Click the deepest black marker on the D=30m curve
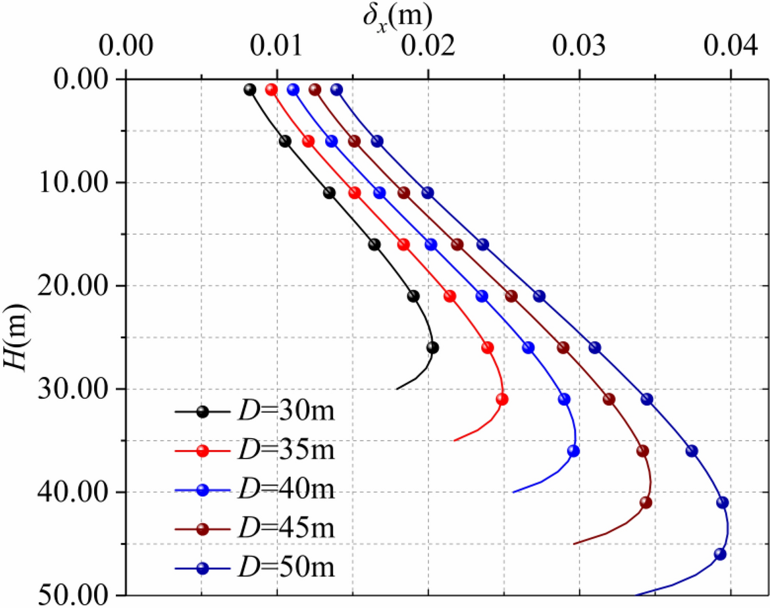pyautogui.click(x=432, y=347)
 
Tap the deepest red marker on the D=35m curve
pyautogui.click(x=502, y=399)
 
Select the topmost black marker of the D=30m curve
pyautogui.click(x=249, y=89)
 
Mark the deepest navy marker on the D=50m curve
pyautogui.click(x=720, y=554)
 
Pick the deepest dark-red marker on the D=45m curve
pyautogui.click(x=646, y=503)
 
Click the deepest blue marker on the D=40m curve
pyautogui.click(x=573, y=451)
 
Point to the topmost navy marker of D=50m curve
pyautogui.click(x=336, y=89)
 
